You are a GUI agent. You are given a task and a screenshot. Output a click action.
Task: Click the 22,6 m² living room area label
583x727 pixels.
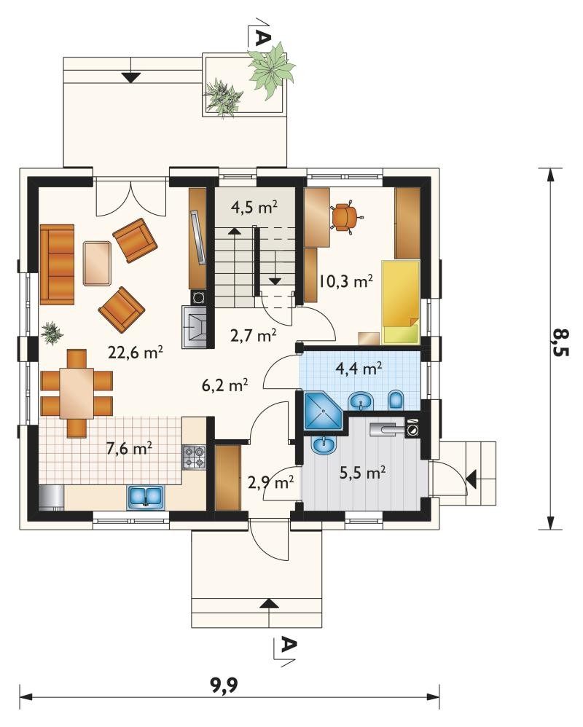pyautogui.click(x=136, y=353)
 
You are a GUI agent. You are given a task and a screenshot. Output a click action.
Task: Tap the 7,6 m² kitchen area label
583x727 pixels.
pyautogui.click(x=130, y=448)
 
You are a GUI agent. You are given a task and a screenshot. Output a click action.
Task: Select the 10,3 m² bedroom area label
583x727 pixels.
pyautogui.click(x=346, y=281)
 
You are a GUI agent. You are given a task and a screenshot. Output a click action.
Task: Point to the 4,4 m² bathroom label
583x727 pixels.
pyautogui.click(x=359, y=369)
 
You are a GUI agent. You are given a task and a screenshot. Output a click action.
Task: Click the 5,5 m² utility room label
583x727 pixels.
pyautogui.click(x=363, y=473)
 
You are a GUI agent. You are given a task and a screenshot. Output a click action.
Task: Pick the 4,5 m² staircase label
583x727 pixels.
pyautogui.click(x=254, y=207)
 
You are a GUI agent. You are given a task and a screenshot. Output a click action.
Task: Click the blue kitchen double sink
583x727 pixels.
pyautogui.click(x=146, y=497)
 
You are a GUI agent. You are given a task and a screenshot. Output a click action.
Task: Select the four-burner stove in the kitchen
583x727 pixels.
pyautogui.click(x=194, y=457)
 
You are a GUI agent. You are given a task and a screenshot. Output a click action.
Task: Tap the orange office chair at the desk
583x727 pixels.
pyautogui.click(x=345, y=216)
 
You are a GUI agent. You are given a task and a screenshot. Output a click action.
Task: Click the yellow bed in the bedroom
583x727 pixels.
pyautogui.click(x=400, y=302)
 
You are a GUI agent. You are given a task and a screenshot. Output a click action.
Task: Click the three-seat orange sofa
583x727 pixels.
pyautogui.click(x=57, y=264)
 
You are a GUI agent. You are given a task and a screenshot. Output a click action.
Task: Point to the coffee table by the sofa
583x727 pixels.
pyautogui.click(x=98, y=263)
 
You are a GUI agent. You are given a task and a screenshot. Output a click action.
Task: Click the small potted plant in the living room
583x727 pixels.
pyautogui.click(x=52, y=332)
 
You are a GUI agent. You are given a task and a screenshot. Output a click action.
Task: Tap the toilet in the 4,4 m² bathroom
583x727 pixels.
pyautogui.click(x=396, y=401)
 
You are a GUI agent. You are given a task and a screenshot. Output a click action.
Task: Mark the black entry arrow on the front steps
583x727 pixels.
pyautogui.click(x=267, y=603)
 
